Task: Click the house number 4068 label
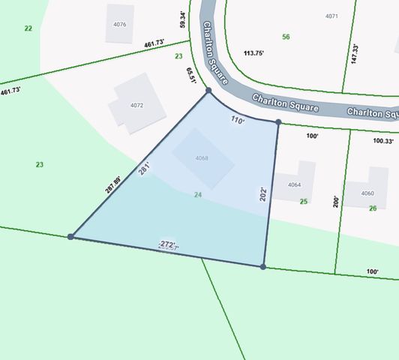tap(202, 158)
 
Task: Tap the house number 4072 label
tap(136, 105)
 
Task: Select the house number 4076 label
tap(120, 24)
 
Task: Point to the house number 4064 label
tap(294, 184)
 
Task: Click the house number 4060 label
tap(367, 193)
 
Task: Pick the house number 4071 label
tap(331, 16)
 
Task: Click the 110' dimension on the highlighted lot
tap(238, 119)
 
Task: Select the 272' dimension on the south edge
tap(168, 244)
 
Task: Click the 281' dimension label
tap(145, 169)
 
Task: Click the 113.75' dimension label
tap(254, 52)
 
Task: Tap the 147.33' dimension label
tap(355, 53)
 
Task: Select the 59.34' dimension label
tap(182, 19)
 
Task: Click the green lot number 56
tap(286, 37)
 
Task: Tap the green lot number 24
tap(198, 195)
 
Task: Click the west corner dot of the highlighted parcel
tap(70, 236)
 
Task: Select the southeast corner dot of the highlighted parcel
tap(262, 266)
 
